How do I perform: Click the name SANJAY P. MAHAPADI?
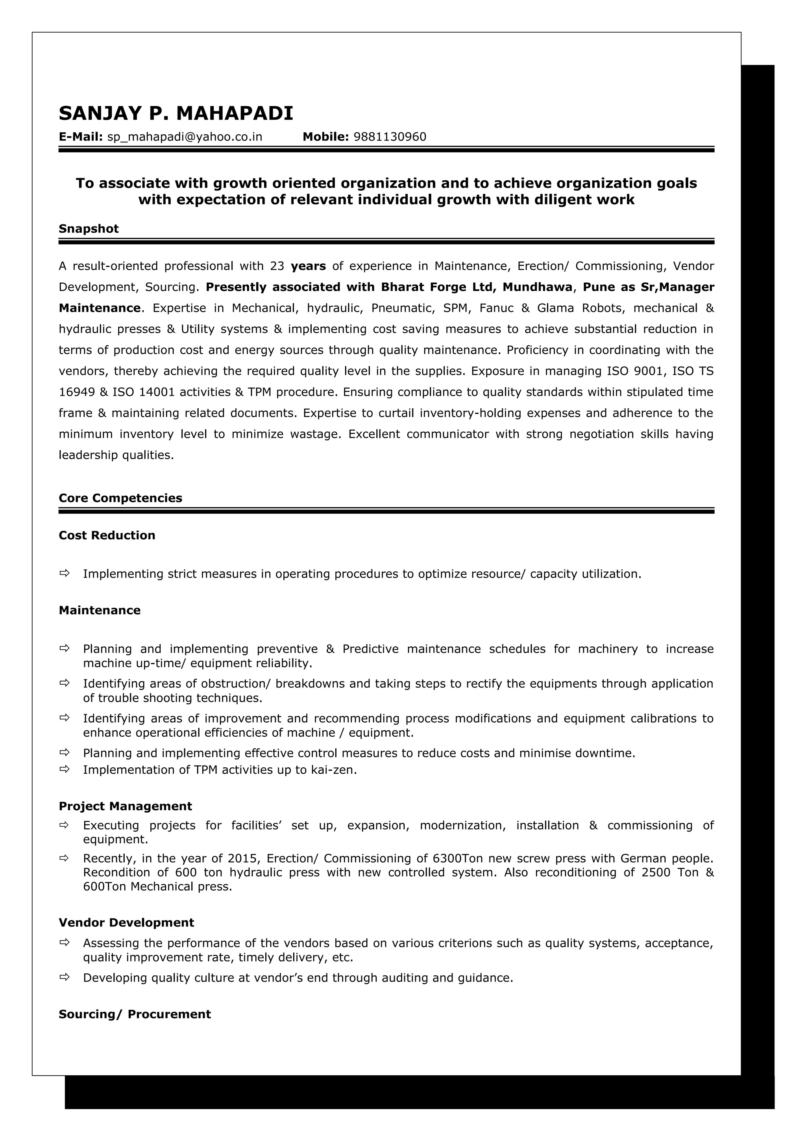point(176,113)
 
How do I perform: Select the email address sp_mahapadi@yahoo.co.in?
point(185,137)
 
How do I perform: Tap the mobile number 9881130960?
point(390,137)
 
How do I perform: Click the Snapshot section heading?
point(89,229)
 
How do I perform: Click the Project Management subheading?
point(125,806)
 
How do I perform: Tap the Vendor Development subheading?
point(126,922)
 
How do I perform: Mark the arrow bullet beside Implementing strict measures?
point(64,574)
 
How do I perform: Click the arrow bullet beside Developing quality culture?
point(64,978)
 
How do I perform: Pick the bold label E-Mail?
point(80,137)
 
